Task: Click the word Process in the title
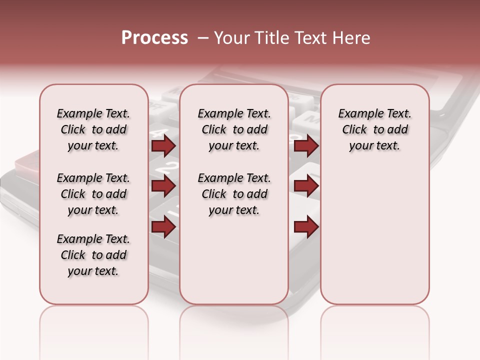tap(154, 38)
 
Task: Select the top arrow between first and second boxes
tap(163, 146)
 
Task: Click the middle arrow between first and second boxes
tap(163, 186)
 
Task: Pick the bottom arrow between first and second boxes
tap(163, 227)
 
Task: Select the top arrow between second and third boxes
tap(306, 146)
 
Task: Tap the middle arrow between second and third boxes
tap(306, 186)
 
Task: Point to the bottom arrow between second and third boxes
tap(306, 227)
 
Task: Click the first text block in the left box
tap(93, 129)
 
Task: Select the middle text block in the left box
tap(93, 194)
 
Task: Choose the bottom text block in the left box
tap(93, 255)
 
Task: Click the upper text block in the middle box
tap(234, 129)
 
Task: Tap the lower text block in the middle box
tap(234, 194)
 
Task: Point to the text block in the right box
tap(374, 129)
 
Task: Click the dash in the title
tap(203, 38)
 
